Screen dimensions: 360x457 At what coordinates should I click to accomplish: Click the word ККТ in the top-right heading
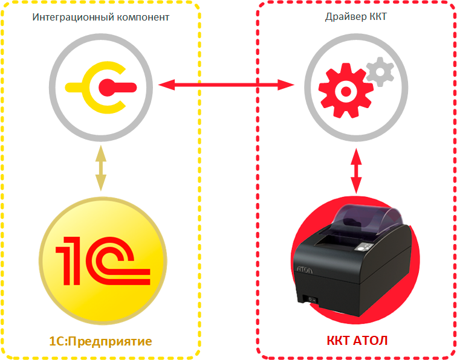(378, 17)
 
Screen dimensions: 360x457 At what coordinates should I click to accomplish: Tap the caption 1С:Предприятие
(100, 342)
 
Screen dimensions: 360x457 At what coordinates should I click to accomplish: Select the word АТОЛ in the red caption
(368, 341)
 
